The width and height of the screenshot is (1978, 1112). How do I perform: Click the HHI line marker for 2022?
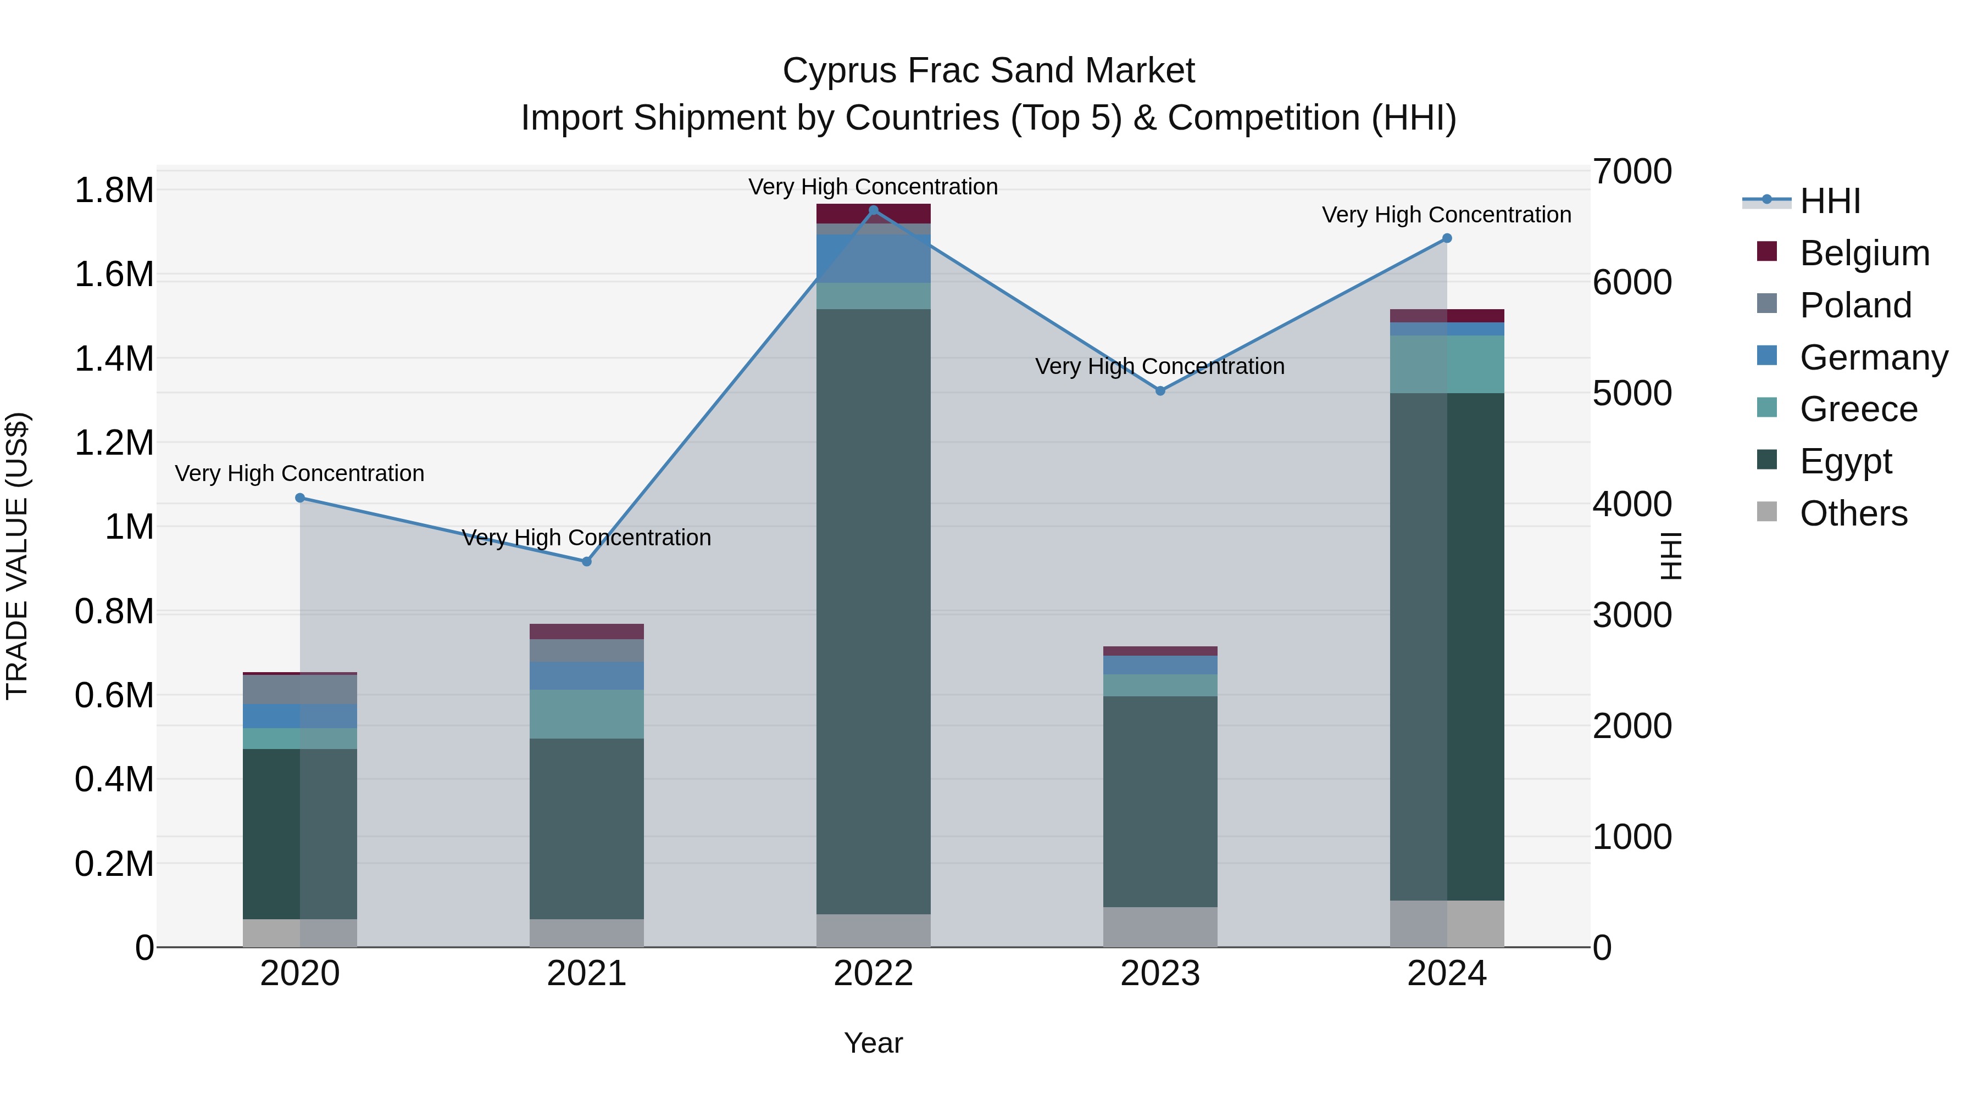pyautogui.click(x=873, y=210)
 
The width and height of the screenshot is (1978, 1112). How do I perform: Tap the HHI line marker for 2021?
pyautogui.click(x=587, y=562)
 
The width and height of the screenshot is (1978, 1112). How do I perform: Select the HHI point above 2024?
pyautogui.click(x=1447, y=239)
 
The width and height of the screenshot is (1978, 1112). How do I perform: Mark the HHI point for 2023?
pyautogui.click(x=1160, y=392)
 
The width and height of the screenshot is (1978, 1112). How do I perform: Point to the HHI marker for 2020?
pyautogui.click(x=300, y=498)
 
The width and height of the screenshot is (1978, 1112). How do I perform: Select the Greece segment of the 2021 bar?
pyautogui.click(x=587, y=714)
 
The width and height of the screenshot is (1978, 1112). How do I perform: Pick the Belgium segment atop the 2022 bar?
pyautogui.click(x=873, y=214)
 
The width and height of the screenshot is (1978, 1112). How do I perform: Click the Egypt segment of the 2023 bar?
pyautogui.click(x=1160, y=801)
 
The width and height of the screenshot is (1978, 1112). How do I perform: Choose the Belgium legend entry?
pyautogui.click(x=1864, y=253)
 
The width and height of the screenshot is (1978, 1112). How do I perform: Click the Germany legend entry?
pyautogui.click(x=1873, y=357)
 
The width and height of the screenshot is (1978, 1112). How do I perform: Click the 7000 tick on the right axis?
pyautogui.click(x=1632, y=171)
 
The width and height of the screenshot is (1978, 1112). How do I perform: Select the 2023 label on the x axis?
pyautogui.click(x=1160, y=974)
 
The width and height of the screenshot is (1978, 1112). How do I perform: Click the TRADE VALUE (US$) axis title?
pyautogui.click(x=17, y=556)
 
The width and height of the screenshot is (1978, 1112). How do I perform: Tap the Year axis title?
pyautogui.click(x=873, y=1043)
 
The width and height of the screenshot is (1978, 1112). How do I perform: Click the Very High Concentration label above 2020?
pyautogui.click(x=299, y=473)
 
